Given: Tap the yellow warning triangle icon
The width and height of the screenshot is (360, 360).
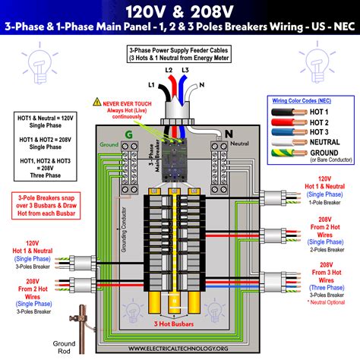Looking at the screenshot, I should click(x=96, y=101).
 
